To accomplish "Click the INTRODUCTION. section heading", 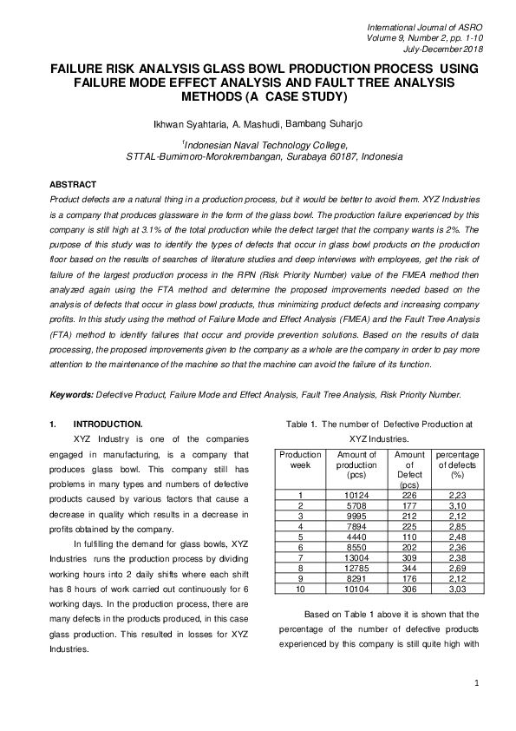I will (108, 425).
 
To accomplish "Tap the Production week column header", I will (300, 459).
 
